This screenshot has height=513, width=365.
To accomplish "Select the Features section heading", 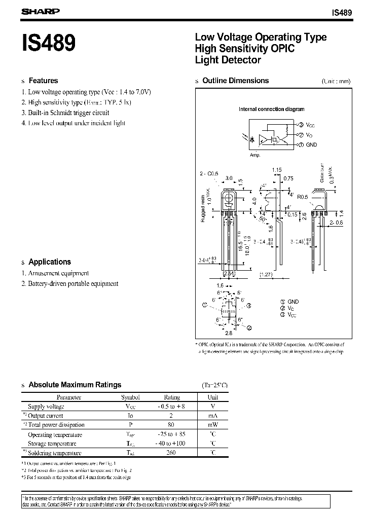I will click(43, 81).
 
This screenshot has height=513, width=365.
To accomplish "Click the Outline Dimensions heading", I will click(235, 81).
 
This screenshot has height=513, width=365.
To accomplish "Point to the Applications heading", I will click(50, 262).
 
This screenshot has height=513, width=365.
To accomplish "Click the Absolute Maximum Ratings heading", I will click(75, 385).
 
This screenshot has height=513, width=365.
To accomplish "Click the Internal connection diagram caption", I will click(271, 109).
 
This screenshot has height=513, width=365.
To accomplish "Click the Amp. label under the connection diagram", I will click(255, 155).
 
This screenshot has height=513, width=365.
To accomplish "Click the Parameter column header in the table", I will click(68, 397).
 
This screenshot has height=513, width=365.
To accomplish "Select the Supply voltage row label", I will click(46, 407).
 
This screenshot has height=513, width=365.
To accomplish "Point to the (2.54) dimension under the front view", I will click(230, 275).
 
